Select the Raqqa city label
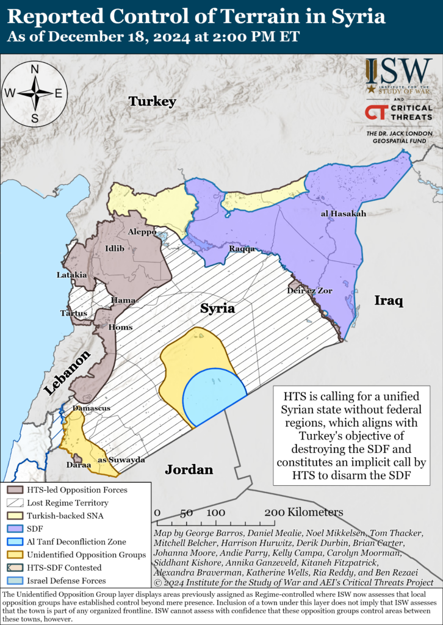[242, 249]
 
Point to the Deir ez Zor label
[309, 291]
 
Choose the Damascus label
[91, 408]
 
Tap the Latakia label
[72, 275]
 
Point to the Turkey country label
[152, 102]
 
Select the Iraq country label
[389, 301]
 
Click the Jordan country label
[189, 469]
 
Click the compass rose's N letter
[35, 69]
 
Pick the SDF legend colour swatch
[15, 529]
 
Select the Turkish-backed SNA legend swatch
[15, 516]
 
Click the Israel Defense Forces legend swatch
[15, 581]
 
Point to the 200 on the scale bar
[275, 512]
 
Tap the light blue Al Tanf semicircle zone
[214, 397]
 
